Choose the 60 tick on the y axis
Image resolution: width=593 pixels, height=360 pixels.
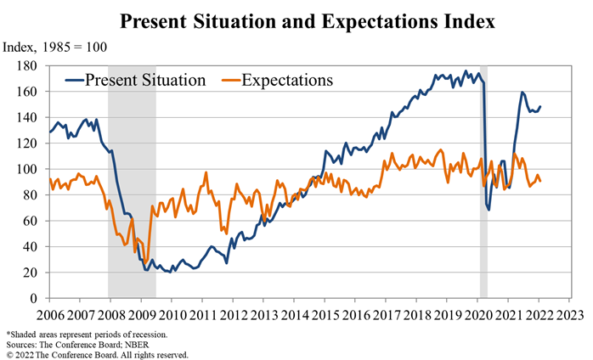click(31, 221)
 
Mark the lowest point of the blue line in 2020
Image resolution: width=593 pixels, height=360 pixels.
click(489, 209)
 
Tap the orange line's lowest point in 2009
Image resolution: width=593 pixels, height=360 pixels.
click(146, 264)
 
